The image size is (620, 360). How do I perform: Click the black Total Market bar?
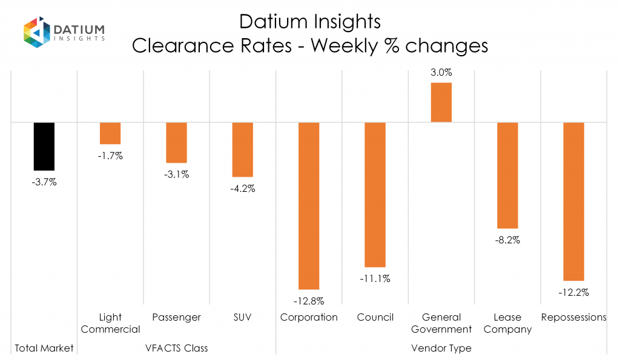click(x=44, y=146)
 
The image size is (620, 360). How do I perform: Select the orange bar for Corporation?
click(x=309, y=206)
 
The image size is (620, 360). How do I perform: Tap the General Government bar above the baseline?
click(x=441, y=102)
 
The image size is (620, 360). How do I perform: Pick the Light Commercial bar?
click(x=110, y=133)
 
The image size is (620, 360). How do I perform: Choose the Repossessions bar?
click(x=574, y=201)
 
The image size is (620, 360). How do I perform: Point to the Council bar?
click(x=375, y=194)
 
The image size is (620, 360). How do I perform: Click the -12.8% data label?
click(x=309, y=301)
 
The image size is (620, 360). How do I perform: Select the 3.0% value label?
click(x=441, y=73)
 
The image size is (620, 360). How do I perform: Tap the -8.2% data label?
click(x=507, y=240)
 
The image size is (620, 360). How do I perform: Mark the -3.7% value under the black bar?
click(x=44, y=182)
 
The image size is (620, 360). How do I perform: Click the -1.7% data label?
click(x=110, y=156)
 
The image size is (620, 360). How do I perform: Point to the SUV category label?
click(x=243, y=317)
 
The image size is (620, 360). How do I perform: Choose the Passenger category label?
click(x=176, y=317)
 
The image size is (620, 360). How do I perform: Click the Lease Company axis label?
click(x=507, y=323)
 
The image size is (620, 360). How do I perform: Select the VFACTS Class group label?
click(x=176, y=348)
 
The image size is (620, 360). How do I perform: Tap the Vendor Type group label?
click(x=441, y=348)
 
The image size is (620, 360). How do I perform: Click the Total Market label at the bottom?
click(x=44, y=348)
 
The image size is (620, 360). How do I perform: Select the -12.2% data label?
click(x=574, y=292)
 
